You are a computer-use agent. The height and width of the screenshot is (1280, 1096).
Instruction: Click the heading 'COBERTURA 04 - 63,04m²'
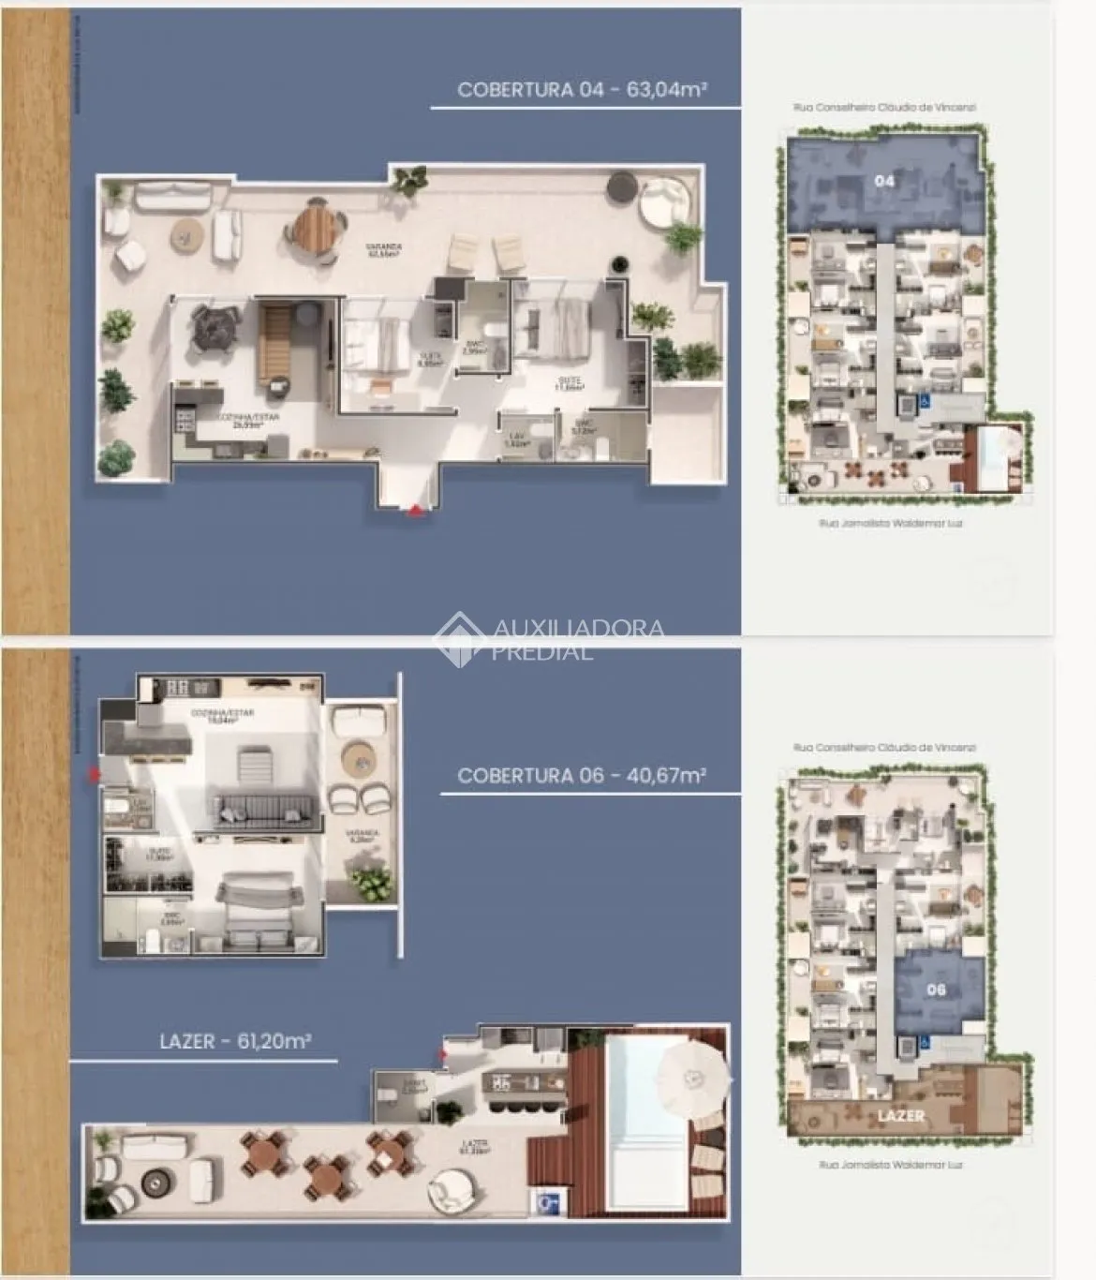click(581, 90)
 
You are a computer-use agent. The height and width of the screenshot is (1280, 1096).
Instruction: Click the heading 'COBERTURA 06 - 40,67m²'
click(581, 776)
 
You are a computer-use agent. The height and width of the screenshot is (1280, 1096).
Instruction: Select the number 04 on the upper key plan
click(884, 181)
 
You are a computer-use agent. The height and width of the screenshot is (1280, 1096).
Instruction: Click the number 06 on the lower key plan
click(936, 990)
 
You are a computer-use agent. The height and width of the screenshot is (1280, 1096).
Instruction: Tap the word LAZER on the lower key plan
click(901, 1116)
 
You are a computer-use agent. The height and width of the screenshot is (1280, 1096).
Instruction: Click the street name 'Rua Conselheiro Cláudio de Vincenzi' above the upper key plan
click(884, 108)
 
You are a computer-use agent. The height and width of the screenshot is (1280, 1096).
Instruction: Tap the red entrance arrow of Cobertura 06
click(93, 774)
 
